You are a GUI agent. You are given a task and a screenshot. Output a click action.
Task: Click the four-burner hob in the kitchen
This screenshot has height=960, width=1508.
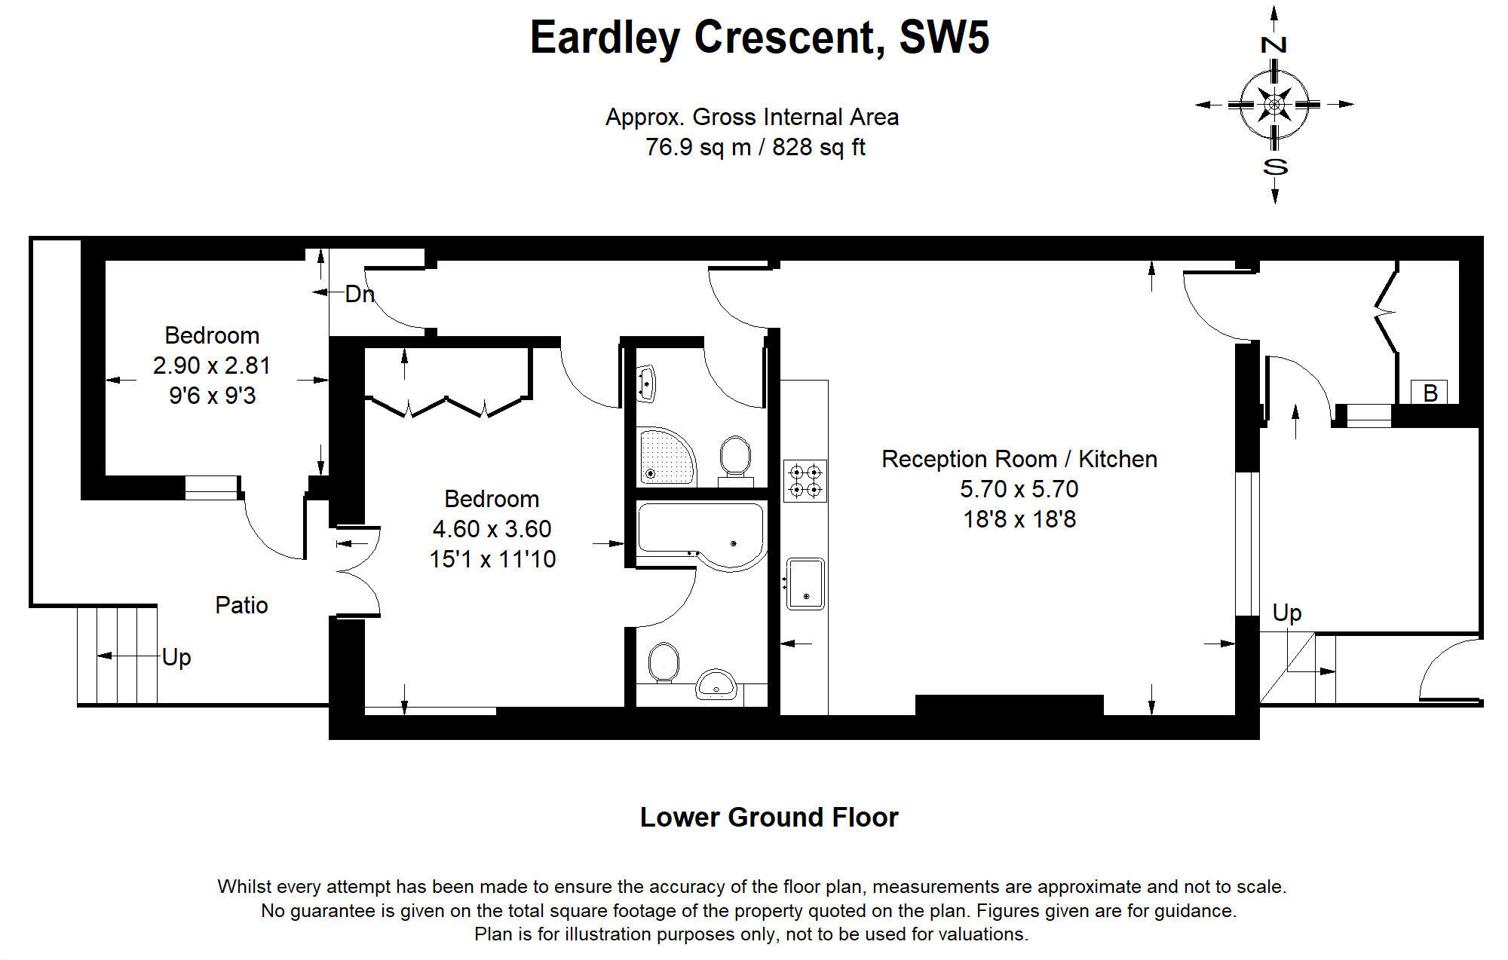click(x=805, y=481)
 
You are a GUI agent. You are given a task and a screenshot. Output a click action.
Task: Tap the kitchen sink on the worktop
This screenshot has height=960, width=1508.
click(x=805, y=583)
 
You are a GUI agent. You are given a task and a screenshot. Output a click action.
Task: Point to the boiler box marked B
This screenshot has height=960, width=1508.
click(x=1430, y=393)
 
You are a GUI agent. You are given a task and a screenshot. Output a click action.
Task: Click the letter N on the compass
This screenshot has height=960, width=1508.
click(x=1274, y=44)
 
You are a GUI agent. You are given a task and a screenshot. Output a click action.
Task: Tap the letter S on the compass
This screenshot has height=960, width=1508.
click(x=1274, y=167)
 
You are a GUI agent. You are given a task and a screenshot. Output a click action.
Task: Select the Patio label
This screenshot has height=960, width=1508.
click(x=241, y=605)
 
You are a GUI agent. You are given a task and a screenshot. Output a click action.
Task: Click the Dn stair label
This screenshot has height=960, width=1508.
click(x=360, y=294)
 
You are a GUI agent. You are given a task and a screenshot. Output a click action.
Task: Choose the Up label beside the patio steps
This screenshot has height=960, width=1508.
click(x=176, y=657)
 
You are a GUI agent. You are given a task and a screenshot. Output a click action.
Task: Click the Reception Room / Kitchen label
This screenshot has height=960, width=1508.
click(x=1019, y=459)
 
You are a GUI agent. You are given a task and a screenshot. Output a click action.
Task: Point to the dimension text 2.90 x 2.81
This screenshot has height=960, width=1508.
click(x=211, y=365)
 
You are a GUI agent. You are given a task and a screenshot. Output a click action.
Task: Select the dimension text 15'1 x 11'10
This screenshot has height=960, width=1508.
click(x=492, y=559)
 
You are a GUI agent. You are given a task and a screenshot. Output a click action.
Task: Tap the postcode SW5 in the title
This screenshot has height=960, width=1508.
click(x=944, y=38)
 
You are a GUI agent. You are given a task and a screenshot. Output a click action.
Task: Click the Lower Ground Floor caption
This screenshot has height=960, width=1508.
click(x=769, y=818)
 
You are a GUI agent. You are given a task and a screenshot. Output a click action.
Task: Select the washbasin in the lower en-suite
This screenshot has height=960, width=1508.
click(x=715, y=684)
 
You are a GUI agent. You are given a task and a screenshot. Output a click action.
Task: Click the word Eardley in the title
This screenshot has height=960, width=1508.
click(x=605, y=38)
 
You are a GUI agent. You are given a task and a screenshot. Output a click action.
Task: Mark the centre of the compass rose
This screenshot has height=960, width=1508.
click(x=1274, y=104)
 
